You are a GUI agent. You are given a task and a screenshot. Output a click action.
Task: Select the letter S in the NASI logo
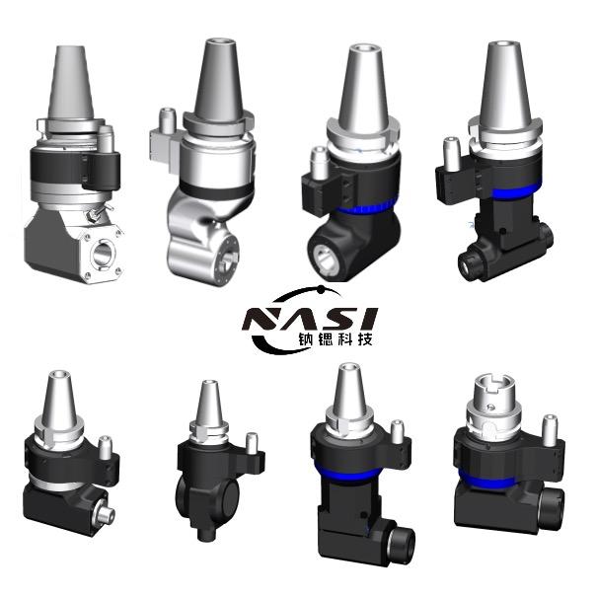coord(336,319)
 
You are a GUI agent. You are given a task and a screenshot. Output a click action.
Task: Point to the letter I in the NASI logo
coord(367,319)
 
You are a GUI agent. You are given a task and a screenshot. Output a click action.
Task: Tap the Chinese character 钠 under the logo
coord(305,339)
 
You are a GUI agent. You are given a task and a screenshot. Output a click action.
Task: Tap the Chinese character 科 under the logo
coord(345,339)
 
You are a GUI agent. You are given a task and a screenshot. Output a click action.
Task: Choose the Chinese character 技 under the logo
coord(365,339)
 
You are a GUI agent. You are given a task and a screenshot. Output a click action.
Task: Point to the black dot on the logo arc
coord(321,290)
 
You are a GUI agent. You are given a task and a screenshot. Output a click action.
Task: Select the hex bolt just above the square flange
coord(92,215)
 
